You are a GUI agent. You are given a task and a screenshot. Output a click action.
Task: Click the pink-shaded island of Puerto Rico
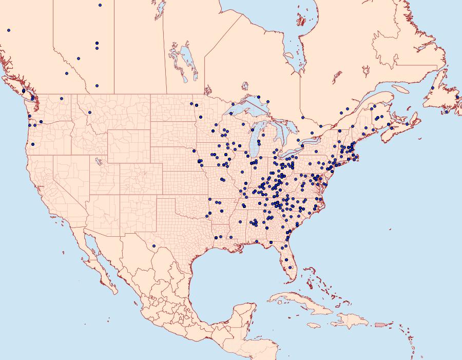click(380, 324)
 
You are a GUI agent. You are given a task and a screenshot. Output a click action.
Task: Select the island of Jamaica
click(314, 326)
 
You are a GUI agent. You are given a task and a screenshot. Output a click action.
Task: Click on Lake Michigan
click(254, 144)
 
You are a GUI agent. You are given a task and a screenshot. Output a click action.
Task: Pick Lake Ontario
click(308, 140)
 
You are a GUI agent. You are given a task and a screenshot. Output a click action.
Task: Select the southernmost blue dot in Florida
click(291, 267)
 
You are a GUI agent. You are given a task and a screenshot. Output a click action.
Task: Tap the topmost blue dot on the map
click(100, 5)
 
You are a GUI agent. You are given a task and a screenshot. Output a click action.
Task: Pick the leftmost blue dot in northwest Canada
click(9, 30)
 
